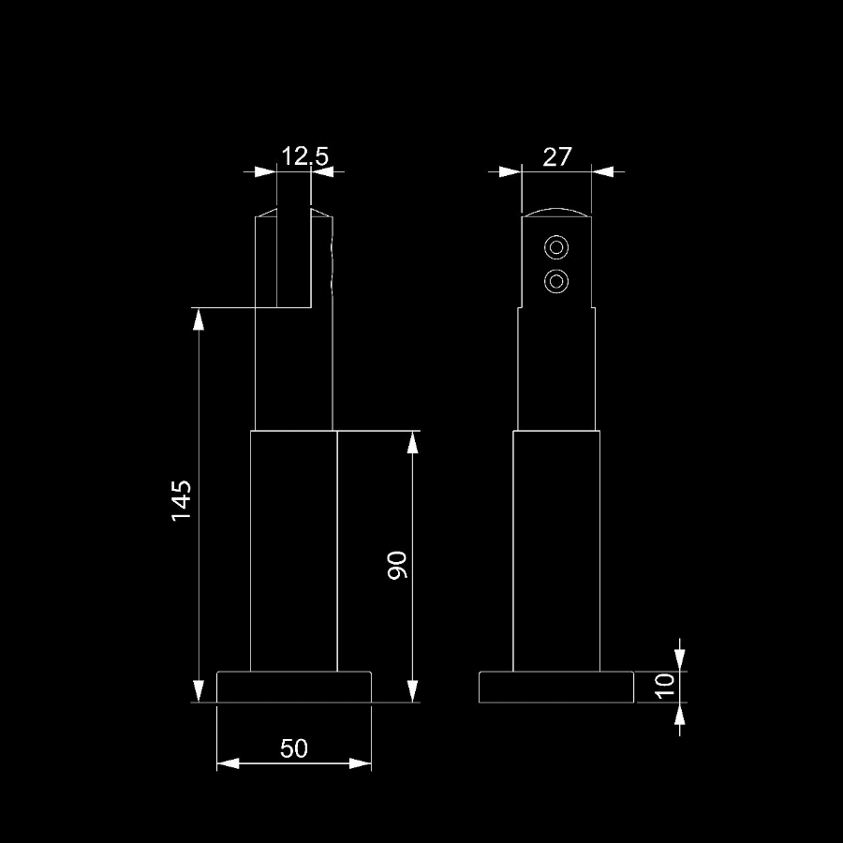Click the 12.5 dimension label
[x=304, y=156]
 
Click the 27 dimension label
[x=556, y=157]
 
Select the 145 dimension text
[x=182, y=500]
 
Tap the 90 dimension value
[x=397, y=565]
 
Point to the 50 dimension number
[x=293, y=748]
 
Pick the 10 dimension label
[x=666, y=686]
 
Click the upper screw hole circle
[x=556, y=248]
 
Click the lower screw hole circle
[x=556, y=281]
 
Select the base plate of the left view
[x=294, y=688]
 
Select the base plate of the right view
[x=556, y=688]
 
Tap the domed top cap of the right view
[x=556, y=210]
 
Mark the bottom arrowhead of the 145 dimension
[x=199, y=691]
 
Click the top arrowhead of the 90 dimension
[x=412, y=442]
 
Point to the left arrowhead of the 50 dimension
[x=228, y=763]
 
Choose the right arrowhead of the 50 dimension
[x=361, y=763]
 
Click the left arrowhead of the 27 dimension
[x=510, y=172]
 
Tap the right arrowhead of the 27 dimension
[x=602, y=172]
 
